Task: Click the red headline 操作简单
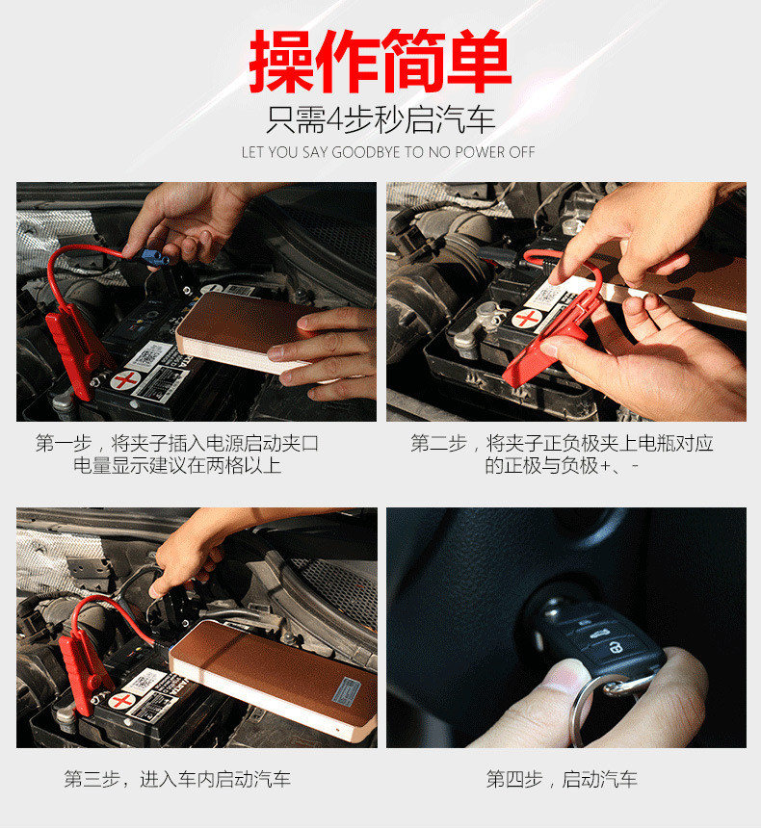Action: (380, 62)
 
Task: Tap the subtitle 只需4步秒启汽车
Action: (380, 119)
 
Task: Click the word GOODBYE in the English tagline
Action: (365, 152)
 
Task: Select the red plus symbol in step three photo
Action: (122, 701)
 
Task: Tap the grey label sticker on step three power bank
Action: (346, 691)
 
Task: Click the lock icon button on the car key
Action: (615, 647)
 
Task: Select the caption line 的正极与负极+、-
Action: (562, 465)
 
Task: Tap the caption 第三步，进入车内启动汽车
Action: (177, 779)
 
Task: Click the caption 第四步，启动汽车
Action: (562, 779)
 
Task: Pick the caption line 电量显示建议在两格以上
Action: (176, 465)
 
